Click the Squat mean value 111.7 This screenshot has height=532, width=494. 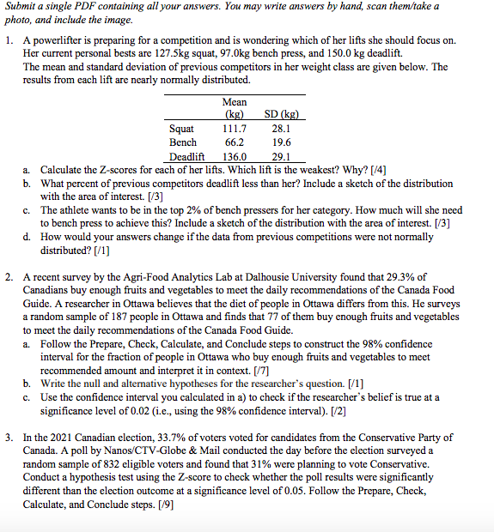point(234,128)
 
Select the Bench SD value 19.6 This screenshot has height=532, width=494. point(280,142)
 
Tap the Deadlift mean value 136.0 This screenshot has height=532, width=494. point(234,157)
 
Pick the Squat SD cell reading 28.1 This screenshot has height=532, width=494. point(280,128)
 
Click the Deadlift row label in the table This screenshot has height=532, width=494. point(186,157)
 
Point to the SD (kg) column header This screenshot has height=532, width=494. point(280,114)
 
